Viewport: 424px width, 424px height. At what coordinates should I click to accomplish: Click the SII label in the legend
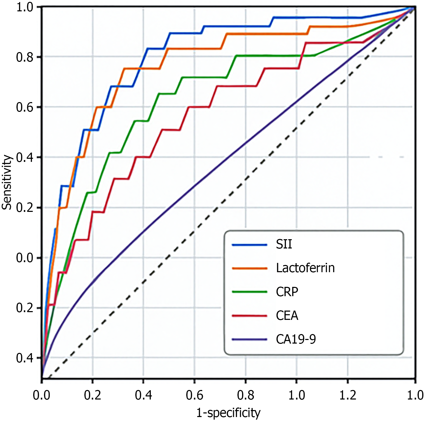point(284,244)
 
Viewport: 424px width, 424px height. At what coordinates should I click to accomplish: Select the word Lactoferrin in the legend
point(305,268)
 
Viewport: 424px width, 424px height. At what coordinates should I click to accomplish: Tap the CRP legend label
point(287,292)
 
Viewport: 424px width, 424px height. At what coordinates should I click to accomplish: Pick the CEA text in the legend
point(287,315)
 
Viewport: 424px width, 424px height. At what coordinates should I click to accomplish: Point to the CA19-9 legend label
point(296,339)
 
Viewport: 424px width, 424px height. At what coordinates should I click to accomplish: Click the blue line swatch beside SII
point(249,245)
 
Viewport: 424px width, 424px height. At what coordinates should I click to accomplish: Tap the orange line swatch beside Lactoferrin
point(249,268)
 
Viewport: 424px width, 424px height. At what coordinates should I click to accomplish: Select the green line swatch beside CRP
point(249,292)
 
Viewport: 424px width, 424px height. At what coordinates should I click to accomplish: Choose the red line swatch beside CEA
point(249,316)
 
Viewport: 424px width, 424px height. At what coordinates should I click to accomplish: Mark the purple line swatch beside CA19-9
point(249,339)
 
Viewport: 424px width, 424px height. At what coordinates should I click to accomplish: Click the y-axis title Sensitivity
point(7,182)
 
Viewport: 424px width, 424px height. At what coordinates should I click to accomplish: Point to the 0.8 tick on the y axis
point(25,57)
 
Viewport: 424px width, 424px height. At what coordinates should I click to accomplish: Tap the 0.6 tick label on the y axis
point(25,107)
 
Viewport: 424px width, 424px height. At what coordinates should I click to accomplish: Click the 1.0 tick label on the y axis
point(25,7)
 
